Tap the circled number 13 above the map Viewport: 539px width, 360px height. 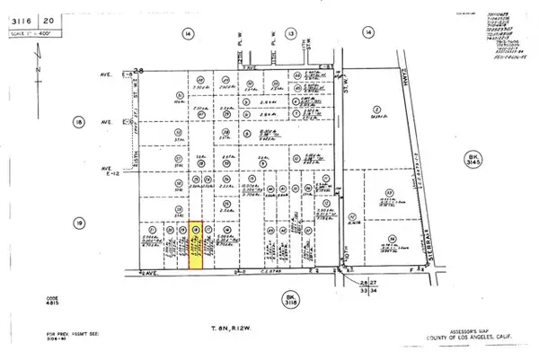[291, 32]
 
